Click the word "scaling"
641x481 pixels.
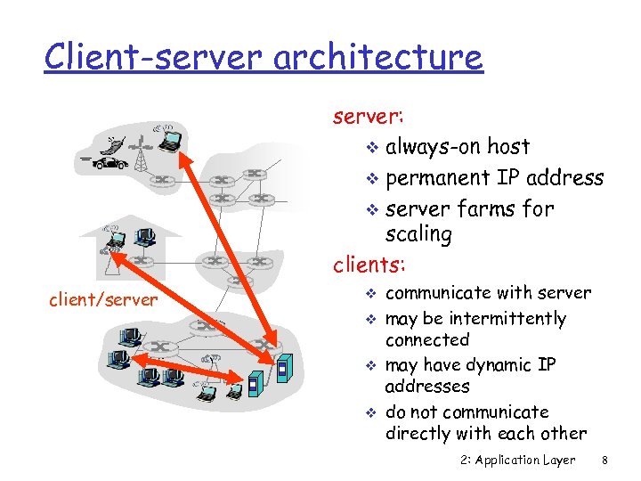[x=418, y=235]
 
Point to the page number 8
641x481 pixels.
[x=604, y=460]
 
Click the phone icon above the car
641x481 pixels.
[x=113, y=142]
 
